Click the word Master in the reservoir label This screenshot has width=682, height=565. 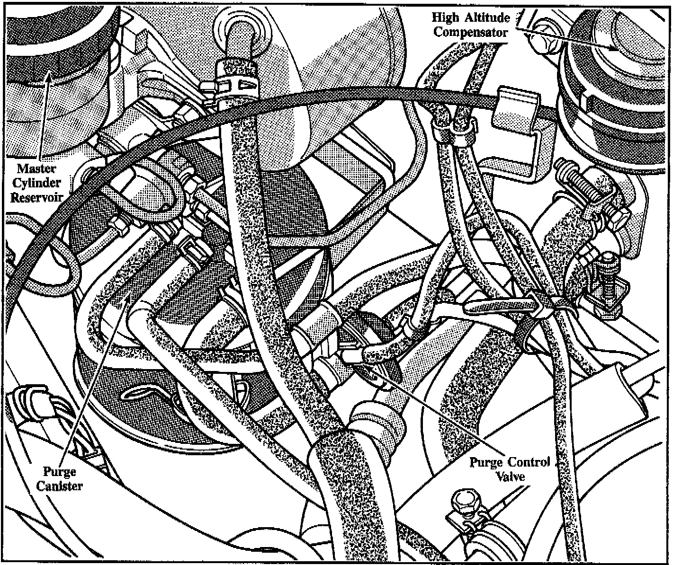point(37,168)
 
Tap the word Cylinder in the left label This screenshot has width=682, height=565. point(37,183)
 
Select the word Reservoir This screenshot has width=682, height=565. point(37,197)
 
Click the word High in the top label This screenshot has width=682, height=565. point(445,18)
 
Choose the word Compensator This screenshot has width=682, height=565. point(471,32)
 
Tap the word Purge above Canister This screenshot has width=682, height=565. point(60,471)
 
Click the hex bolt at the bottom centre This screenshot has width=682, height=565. point(462,501)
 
